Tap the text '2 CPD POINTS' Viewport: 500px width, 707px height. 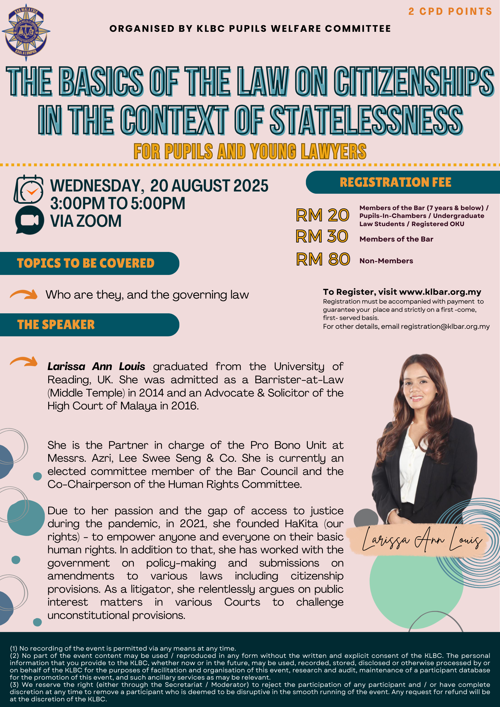(450, 12)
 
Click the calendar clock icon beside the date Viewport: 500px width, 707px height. (29, 189)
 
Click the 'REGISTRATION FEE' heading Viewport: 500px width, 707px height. (395, 182)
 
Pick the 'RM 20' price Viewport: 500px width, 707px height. (322, 215)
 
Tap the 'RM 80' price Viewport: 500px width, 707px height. (323, 259)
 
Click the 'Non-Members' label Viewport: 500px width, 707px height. (386, 261)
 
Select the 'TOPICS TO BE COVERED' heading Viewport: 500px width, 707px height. (86, 263)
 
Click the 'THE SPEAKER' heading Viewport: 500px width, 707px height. (56, 325)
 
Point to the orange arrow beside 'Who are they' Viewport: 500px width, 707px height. (24, 294)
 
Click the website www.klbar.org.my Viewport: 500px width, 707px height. (440, 292)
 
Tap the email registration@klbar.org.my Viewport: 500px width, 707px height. (445, 327)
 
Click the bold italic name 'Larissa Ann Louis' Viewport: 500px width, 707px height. (96, 367)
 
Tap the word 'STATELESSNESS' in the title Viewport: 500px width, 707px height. (366, 120)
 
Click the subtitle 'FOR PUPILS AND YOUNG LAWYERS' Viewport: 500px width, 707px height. (250, 151)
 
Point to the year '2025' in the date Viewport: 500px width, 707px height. (250, 186)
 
